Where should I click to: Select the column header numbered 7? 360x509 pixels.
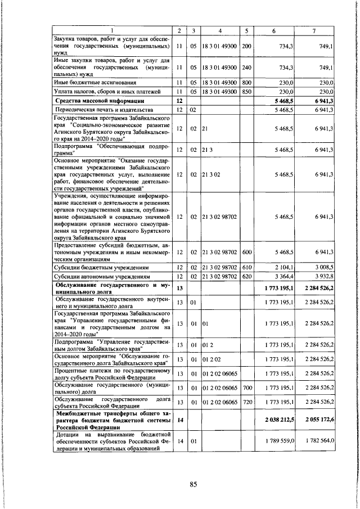(x=318, y=30)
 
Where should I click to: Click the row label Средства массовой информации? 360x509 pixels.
(x=100, y=101)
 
